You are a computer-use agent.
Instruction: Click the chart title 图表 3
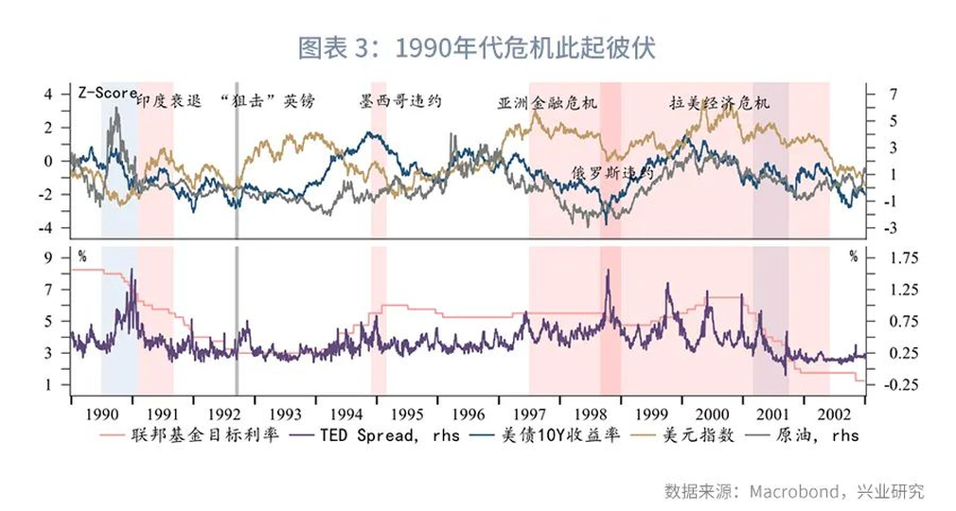477,47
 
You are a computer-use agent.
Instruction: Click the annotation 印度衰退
168,101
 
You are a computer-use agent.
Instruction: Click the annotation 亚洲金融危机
548,103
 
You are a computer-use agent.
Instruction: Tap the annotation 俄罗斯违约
612,173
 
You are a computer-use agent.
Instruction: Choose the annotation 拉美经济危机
719,102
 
